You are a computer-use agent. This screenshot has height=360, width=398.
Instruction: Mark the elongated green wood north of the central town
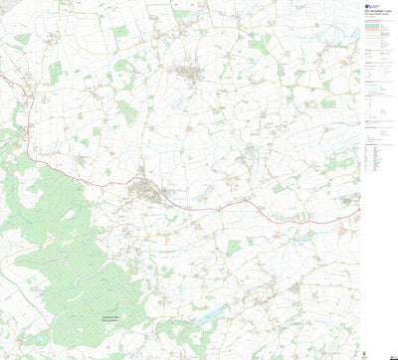127,111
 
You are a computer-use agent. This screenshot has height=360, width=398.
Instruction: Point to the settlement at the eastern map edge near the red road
348,204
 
